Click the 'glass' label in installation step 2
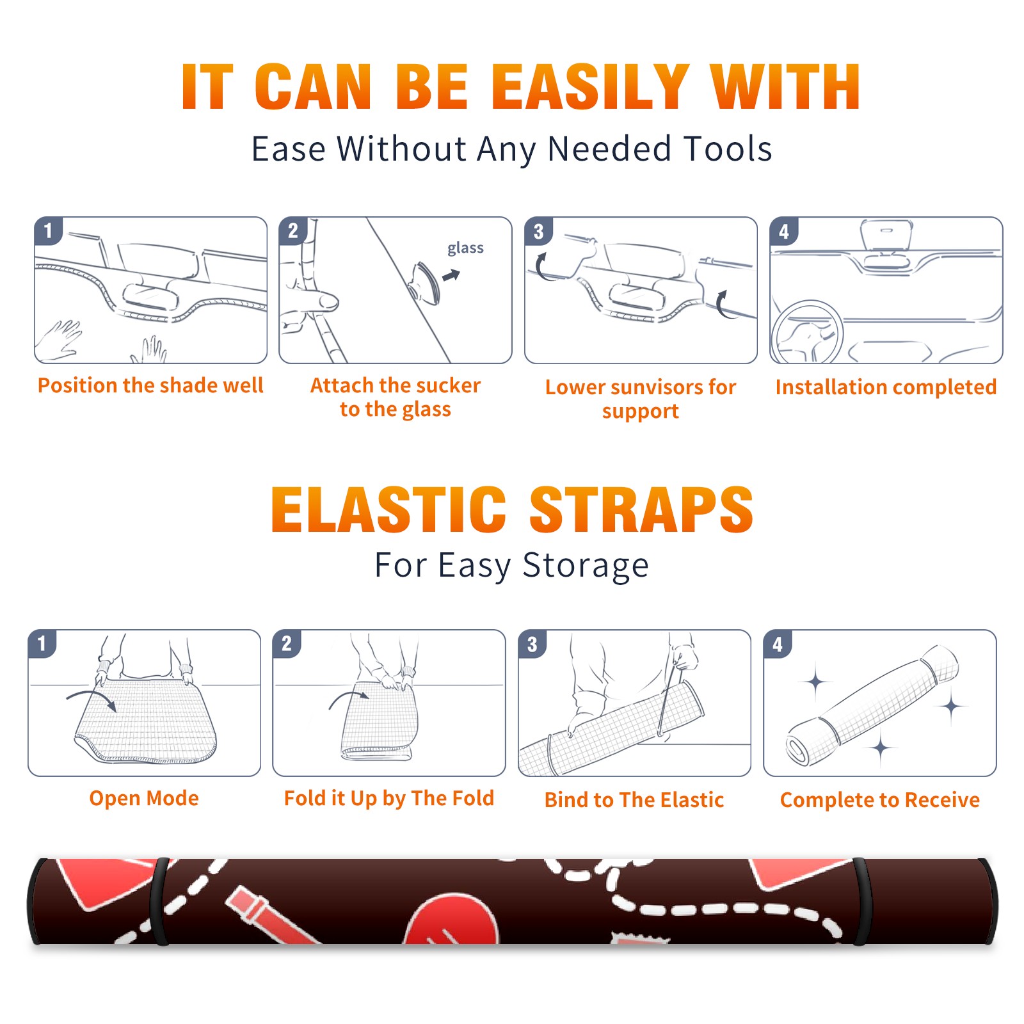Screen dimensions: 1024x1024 pyautogui.click(x=465, y=248)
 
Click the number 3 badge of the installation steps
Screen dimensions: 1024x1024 pyautogui.click(x=538, y=231)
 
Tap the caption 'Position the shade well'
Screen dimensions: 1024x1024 pyautogui.click(x=150, y=385)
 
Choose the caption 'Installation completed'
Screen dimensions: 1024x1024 pyautogui.click(x=886, y=387)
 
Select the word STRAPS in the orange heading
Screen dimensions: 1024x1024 pyautogui.click(x=641, y=509)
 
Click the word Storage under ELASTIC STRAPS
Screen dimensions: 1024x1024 pyautogui.click(x=586, y=566)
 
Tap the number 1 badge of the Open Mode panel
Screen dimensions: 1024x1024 pyautogui.click(x=42, y=643)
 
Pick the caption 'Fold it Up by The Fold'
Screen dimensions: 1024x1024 pyautogui.click(x=389, y=798)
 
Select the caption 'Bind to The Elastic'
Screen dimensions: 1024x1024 pyautogui.click(x=634, y=800)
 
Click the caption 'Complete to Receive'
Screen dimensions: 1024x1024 pyautogui.click(x=880, y=800)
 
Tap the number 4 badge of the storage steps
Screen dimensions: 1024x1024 pyautogui.click(x=778, y=644)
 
